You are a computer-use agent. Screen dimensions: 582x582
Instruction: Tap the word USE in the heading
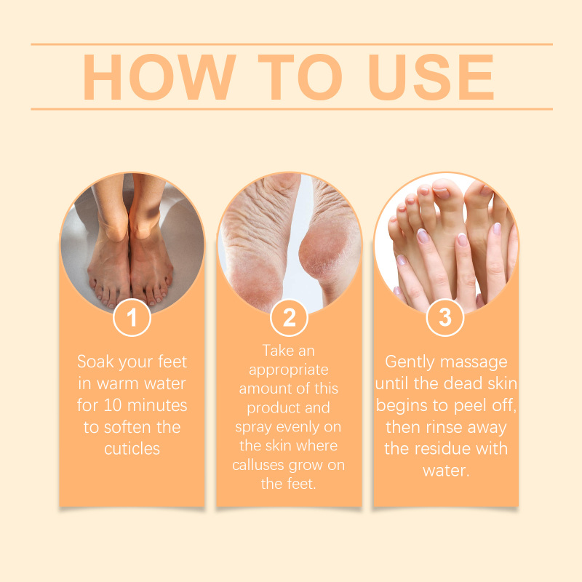tap(431, 77)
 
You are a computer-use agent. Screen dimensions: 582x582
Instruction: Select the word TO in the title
tap(300, 77)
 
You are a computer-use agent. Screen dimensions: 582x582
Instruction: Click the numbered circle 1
tap(132, 318)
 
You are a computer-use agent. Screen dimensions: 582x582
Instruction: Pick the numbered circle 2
tap(289, 318)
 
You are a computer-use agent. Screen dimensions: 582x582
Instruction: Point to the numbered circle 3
tap(445, 318)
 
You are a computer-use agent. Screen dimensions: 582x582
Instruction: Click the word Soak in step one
tap(95, 362)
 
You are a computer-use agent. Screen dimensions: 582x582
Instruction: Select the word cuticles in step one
tap(132, 449)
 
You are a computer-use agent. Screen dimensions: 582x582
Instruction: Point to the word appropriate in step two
tap(288, 370)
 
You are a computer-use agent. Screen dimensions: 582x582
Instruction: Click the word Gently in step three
tap(410, 362)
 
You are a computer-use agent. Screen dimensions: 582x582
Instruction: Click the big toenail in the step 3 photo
tap(442, 193)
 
